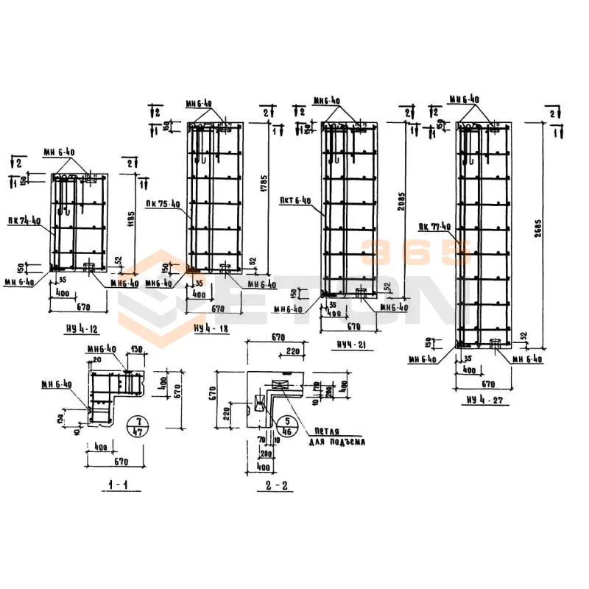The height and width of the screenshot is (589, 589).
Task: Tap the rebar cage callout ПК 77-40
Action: tap(434, 227)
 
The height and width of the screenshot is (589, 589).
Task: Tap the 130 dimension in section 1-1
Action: tap(137, 349)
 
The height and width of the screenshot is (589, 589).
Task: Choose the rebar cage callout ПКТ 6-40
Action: tap(296, 200)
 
